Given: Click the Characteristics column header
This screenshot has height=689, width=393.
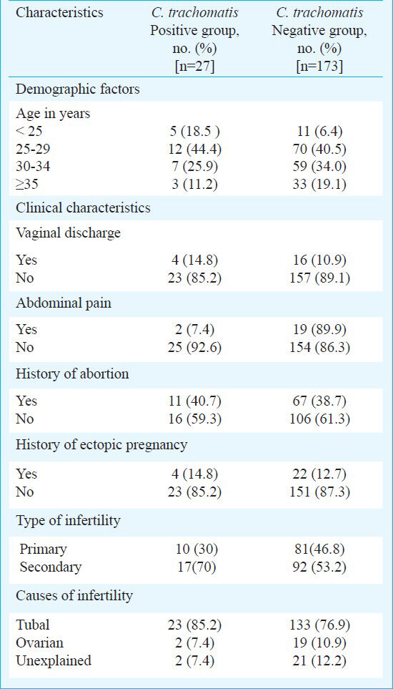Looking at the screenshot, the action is [59, 12].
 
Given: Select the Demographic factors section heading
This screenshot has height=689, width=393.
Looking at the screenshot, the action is [78, 89].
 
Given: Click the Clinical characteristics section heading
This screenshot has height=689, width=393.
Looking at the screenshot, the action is [83, 207].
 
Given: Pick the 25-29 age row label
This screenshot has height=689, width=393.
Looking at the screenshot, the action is [33, 149].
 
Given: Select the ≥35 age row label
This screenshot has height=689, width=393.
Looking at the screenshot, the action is [27, 184].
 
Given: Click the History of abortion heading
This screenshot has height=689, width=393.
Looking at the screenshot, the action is [72, 374].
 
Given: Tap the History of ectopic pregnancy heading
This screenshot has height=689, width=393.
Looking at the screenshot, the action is [101, 445].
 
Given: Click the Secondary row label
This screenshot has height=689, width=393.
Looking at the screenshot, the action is [51, 567].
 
